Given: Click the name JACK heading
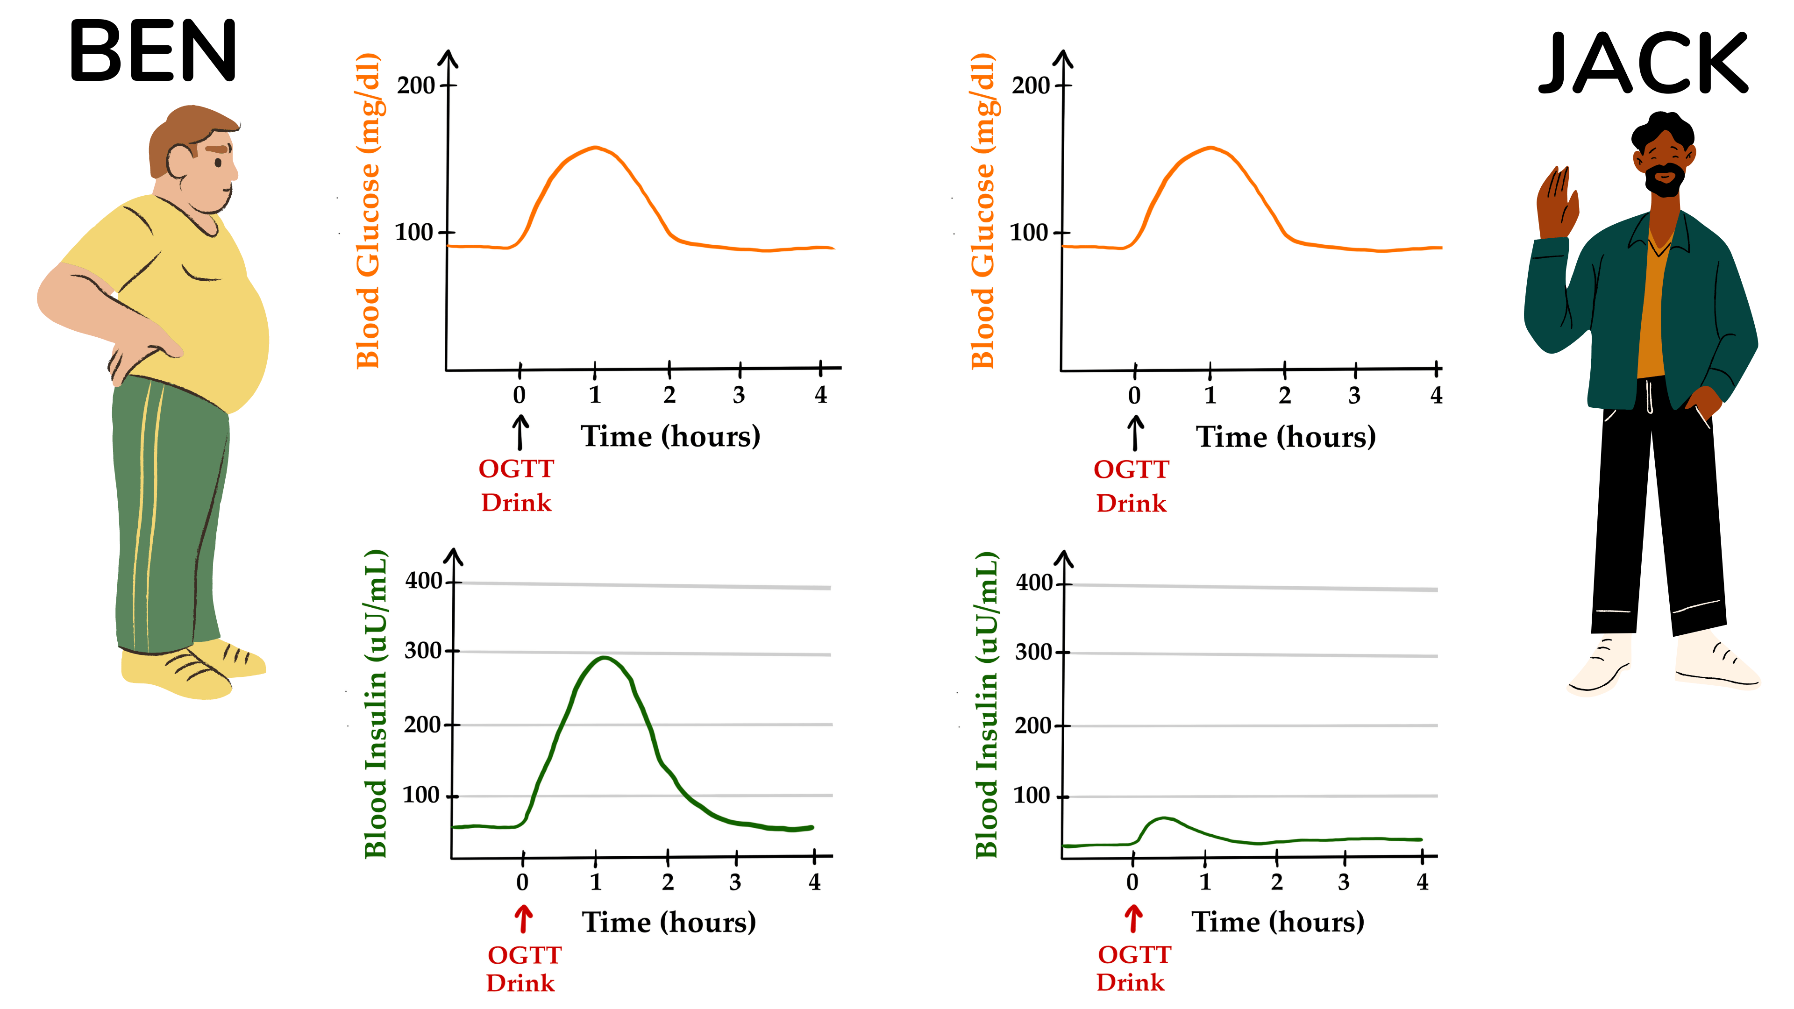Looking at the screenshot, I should [1642, 64].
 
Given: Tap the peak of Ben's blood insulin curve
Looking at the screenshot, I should [605, 657].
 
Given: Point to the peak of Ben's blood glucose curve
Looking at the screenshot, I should [596, 147].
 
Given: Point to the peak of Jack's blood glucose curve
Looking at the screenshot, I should [1210, 148].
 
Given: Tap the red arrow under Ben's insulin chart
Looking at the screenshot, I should [524, 919].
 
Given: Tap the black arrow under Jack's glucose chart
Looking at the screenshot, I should [1135, 433].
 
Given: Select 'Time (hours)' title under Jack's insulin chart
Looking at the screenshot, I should [1278, 922].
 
